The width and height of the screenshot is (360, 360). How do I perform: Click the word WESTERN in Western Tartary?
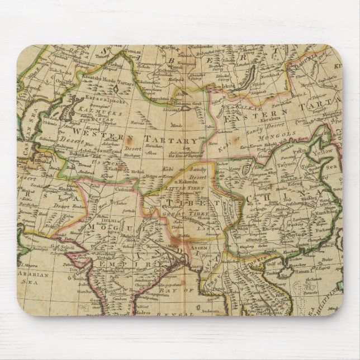91,135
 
